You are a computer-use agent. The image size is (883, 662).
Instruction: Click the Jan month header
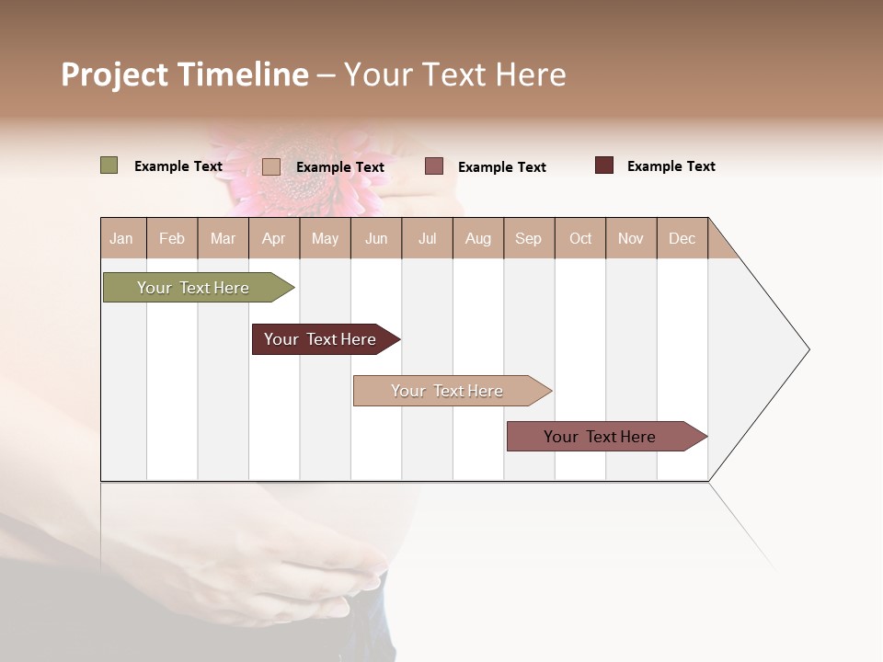point(122,238)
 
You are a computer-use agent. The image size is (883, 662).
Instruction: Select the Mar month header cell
point(223,238)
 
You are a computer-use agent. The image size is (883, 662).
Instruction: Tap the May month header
point(325,238)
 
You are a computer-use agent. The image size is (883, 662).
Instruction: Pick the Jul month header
point(427,238)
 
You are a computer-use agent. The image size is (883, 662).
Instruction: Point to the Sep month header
point(528,238)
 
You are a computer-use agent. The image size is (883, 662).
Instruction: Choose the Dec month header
point(682,238)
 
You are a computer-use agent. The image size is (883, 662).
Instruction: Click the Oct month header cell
point(580,238)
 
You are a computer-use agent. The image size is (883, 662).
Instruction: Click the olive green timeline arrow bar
point(194,288)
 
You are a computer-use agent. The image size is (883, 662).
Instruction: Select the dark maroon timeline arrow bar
point(321,339)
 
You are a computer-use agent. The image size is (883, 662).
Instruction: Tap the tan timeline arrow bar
point(448,391)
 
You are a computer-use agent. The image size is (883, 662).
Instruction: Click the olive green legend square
point(109,165)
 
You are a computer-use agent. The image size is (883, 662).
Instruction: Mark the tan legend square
point(270,166)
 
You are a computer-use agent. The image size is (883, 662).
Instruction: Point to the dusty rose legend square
point(434,165)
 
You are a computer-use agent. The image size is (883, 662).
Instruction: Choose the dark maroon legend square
point(603,165)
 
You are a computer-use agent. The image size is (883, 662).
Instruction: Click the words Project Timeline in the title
point(185,74)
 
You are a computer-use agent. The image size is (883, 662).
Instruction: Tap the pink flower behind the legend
point(313,170)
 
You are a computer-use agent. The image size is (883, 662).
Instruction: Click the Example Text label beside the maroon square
point(671,166)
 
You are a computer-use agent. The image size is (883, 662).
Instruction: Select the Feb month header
point(172,238)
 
